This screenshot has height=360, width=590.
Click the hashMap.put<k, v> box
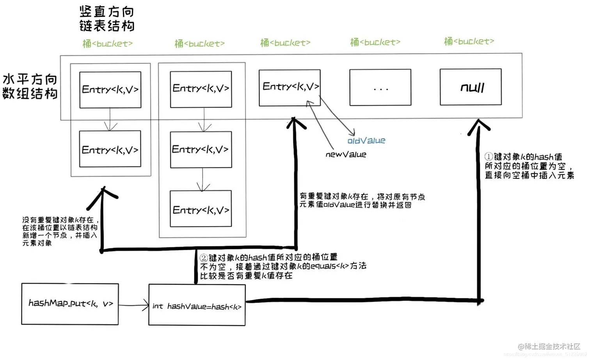(70, 304)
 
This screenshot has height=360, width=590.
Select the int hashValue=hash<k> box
(197, 305)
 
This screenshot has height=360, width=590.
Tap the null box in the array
(471, 87)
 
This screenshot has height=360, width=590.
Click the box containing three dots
(380, 87)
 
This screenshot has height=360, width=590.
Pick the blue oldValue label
(366, 141)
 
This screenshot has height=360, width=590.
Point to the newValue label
(346, 155)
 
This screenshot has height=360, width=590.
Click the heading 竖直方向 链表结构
(107, 19)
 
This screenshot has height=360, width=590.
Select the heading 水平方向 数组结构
(30, 86)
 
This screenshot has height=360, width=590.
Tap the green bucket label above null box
(469, 41)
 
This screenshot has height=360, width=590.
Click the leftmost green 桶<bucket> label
(107, 44)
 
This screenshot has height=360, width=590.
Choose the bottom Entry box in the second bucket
(201, 209)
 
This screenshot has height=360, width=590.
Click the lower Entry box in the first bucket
(110, 149)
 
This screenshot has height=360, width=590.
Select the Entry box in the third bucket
(290, 88)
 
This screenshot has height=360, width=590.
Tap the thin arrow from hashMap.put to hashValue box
(133, 305)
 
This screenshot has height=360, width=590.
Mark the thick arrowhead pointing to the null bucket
(479, 127)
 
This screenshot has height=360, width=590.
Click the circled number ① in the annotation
(489, 157)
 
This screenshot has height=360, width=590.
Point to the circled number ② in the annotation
(204, 258)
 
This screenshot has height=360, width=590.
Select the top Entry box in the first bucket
(110, 90)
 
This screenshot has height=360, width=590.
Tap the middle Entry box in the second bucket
(201, 150)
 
